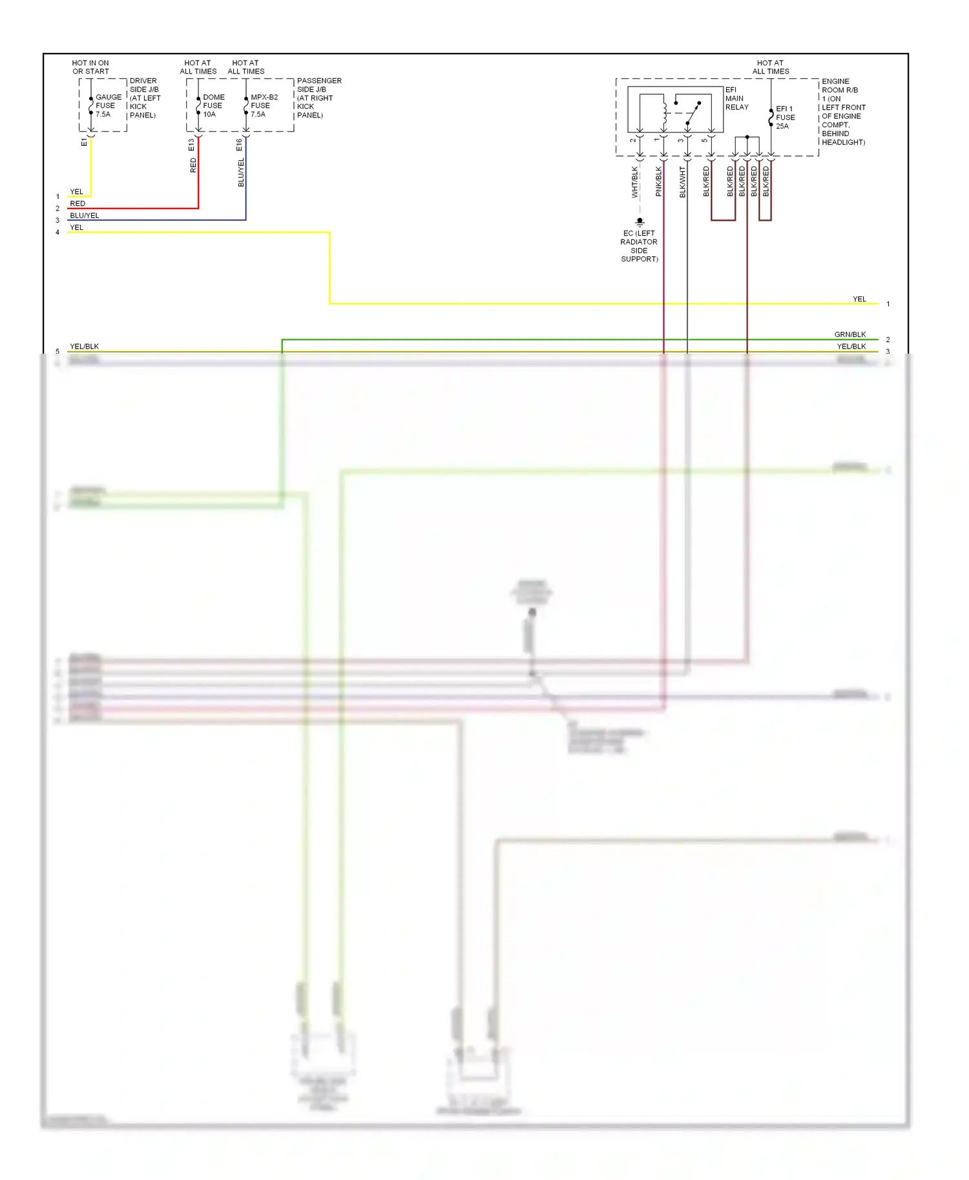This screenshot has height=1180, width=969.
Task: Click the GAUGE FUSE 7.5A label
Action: tap(108, 105)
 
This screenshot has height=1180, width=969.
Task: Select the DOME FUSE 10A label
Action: tap(213, 105)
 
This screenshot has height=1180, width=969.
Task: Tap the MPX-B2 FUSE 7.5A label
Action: tap(264, 105)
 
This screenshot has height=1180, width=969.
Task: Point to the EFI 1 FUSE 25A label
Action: tap(785, 117)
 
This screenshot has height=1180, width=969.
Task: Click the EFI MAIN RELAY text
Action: tap(736, 99)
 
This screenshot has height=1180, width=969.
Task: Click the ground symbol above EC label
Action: tap(640, 222)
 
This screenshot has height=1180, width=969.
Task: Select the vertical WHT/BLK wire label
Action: tap(634, 182)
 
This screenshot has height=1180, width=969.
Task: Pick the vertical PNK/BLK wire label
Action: tap(658, 182)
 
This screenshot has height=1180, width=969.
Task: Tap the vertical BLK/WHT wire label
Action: tap(682, 182)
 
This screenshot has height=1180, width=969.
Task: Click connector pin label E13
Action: tap(191, 145)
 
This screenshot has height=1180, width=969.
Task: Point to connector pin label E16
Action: tap(239, 145)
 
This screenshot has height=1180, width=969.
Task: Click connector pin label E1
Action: tap(84, 142)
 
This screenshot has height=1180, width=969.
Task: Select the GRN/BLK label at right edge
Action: tap(849, 334)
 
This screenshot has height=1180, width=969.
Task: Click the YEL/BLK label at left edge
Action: tap(84, 346)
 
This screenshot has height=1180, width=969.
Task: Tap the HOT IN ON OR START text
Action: tap(90, 67)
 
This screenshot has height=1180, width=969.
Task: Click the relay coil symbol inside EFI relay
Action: tap(664, 111)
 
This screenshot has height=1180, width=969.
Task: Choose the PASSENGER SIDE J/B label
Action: tap(318, 97)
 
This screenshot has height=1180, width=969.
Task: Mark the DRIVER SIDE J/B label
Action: tap(145, 97)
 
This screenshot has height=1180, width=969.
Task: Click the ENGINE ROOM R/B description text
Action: tap(842, 112)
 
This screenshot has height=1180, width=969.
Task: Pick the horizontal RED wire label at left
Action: tap(78, 203)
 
